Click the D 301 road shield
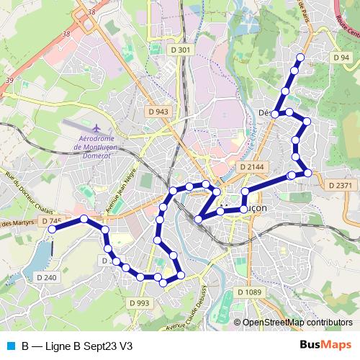click(184, 50)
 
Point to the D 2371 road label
click(341, 185)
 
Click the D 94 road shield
click(341, 57)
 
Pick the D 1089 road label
click(248, 292)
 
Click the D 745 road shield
click(51, 220)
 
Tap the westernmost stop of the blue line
click(52, 229)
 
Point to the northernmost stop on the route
click(300, 58)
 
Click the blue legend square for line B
click(9, 346)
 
